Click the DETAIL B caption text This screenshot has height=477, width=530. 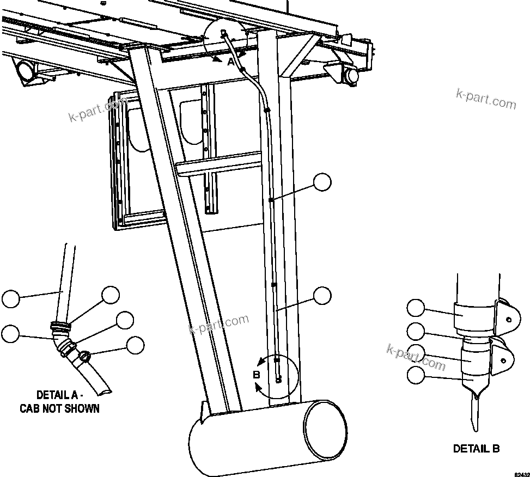tap(476, 449)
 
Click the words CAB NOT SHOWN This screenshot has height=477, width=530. tap(60, 408)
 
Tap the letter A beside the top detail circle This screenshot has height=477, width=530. tap(231, 62)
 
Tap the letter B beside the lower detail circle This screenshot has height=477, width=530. tap(257, 375)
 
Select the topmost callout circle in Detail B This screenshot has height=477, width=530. tap(416, 308)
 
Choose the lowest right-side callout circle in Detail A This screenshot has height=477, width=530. tap(135, 345)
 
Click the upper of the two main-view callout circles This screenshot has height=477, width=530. tap(322, 182)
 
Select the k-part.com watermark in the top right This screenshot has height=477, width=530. tap(485, 100)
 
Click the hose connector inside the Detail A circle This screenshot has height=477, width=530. tap(224, 34)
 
